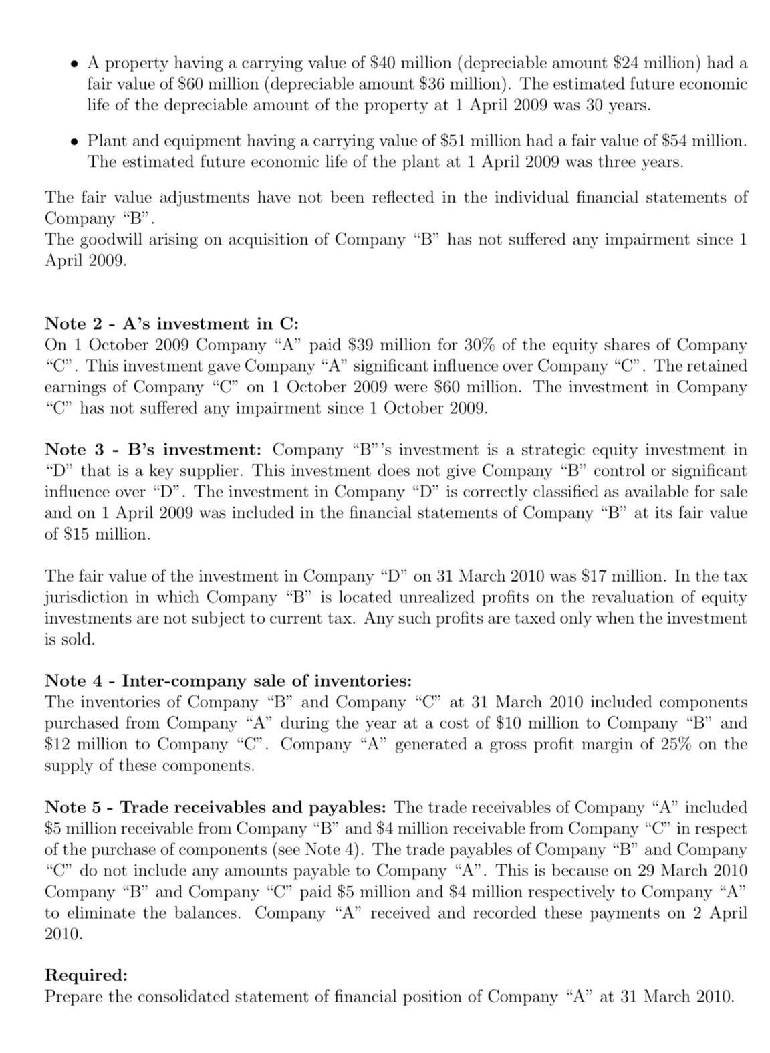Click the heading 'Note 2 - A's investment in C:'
pos(171,324)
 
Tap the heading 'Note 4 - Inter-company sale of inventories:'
pos(228,681)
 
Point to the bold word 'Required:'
pos(86,975)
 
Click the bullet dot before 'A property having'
pos(76,64)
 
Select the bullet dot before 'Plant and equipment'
pos(76,142)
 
